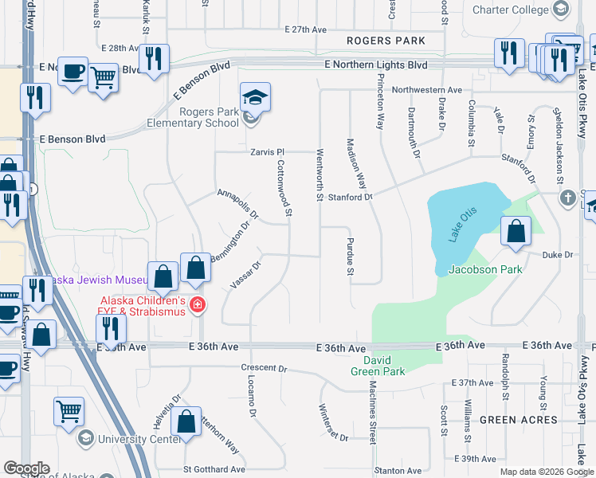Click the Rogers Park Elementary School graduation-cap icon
point(255,97)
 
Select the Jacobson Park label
point(485,269)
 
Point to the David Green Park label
point(378,365)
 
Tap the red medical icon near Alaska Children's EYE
point(197,304)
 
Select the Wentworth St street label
point(320,174)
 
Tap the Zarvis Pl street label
point(268,151)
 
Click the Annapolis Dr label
point(238,204)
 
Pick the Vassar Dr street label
point(245,276)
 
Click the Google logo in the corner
point(26,468)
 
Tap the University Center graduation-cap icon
point(85,438)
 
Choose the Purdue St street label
point(350,256)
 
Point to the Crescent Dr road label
point(264,369)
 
